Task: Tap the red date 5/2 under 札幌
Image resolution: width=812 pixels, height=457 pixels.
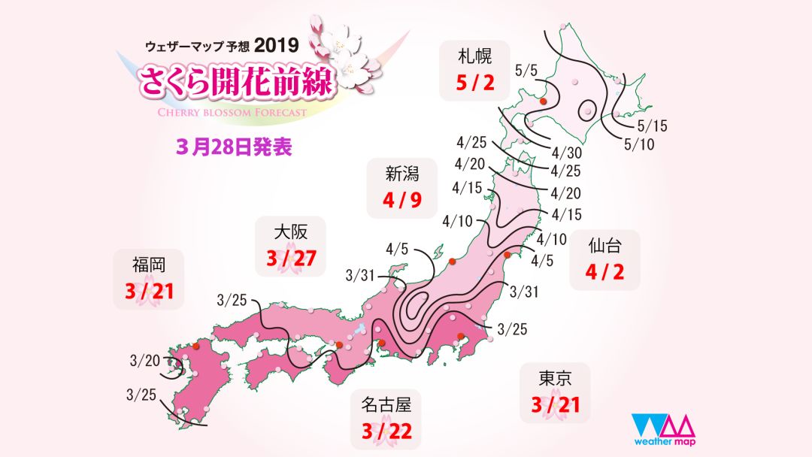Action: tap(474, 82)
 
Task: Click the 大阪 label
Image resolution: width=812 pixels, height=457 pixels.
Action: tap(291, 231)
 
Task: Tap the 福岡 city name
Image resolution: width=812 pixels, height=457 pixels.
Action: tap(148, 264)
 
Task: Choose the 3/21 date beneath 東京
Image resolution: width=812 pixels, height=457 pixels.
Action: tap(554, 405)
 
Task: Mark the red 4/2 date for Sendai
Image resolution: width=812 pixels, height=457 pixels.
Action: tap(604, 272)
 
